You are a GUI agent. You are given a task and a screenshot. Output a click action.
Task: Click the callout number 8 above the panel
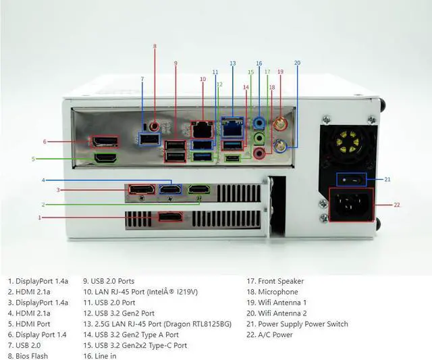click(x=154, y=47)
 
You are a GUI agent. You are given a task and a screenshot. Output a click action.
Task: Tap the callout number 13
click(x=232, y=63)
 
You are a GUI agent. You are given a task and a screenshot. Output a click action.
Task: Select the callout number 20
click(x=297, y=63)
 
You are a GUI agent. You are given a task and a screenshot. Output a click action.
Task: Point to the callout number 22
click(x=397, y=204)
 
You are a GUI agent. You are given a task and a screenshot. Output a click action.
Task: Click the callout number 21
click(x=387, y=179)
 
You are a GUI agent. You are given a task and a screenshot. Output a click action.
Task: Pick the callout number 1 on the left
click(x=40, y=217)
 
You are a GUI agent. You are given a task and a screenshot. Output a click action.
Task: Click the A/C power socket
click(x=350, y=204)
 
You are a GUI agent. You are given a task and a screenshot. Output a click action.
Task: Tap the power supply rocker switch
click(x=350, y=179)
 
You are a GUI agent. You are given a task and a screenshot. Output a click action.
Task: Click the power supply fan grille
click(x=349, y=143)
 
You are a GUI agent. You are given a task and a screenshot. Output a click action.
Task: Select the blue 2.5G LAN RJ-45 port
click(x=232, y=125)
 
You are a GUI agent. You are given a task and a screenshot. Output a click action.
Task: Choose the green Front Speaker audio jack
click(x=259, y=139)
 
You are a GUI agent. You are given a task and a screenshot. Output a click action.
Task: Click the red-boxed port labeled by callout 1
click(x=170, y=217)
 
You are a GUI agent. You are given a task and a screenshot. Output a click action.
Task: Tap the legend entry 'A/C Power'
click(x=272, y=334)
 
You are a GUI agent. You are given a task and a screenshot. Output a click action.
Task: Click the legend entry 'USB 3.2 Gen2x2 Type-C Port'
click(x=135, y=345)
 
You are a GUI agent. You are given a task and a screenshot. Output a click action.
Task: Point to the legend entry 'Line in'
click(x=99, y=355)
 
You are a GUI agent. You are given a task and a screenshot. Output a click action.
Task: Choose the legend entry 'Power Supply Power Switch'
click(x=298, y=324)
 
